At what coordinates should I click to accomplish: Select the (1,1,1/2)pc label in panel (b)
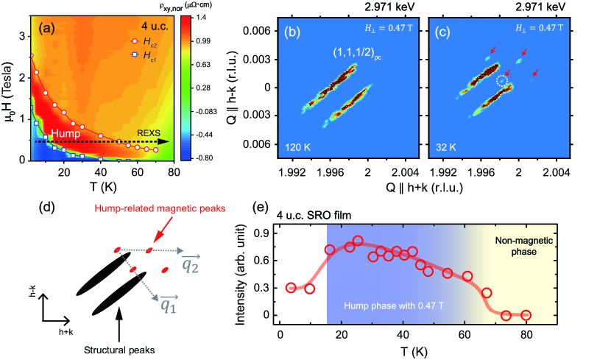pyautogui.click(x=353, y=54)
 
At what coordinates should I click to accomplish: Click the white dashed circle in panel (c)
pyautogui.click(x=503, y=82)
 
